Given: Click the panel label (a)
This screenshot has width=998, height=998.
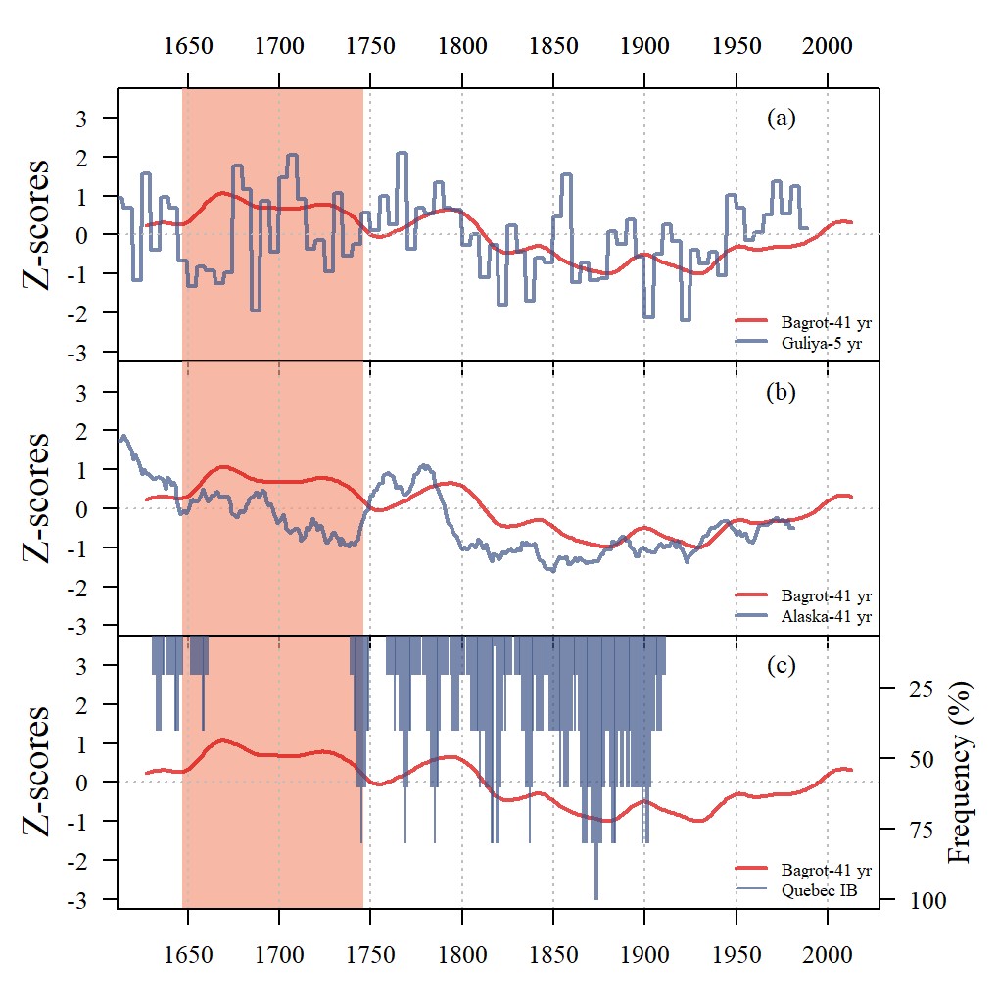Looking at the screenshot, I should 781,119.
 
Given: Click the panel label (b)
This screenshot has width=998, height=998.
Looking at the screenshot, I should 781,393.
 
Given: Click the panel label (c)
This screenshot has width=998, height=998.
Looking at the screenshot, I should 781,666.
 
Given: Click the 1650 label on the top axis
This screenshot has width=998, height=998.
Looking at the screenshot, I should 187,46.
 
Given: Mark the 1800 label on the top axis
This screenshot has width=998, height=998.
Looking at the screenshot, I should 461,46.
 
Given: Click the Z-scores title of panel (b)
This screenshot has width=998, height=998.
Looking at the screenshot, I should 36,499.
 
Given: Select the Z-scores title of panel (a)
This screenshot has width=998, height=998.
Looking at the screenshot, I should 36,224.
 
